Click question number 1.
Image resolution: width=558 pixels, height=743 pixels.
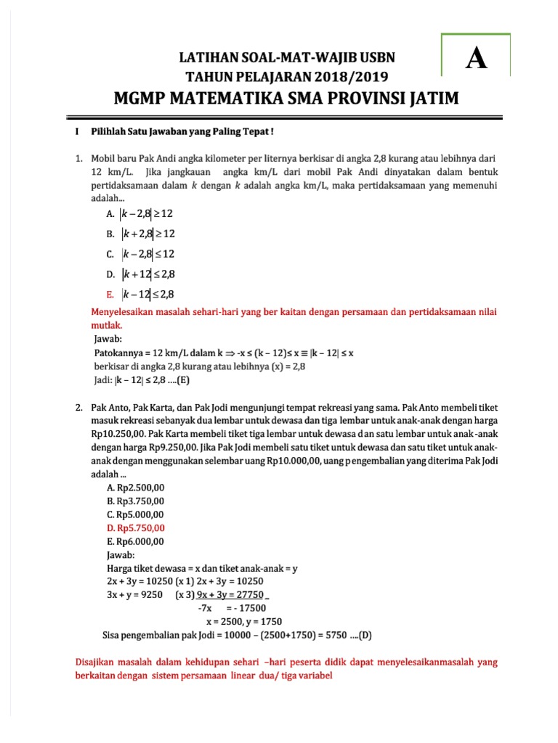click(x=78, y=157)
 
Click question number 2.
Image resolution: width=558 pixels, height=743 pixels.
click(x=78, y=409)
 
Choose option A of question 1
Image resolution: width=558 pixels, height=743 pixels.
click(x=142, y=214)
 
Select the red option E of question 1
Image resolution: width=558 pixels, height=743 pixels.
click(x=142, y=294)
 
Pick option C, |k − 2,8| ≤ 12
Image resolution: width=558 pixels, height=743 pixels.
click(x=142, y=254)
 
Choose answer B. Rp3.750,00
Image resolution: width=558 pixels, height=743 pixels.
click(x=135, y=501)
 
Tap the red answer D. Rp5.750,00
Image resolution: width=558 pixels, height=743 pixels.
click(x=136, y=528)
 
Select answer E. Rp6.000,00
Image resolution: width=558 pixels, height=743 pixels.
click(x=135, y=541)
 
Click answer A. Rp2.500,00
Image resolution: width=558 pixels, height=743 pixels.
click(x=135, y=488)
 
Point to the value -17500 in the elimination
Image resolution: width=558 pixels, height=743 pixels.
click(x=246, y=608)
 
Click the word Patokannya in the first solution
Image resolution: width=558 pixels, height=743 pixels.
click(x=118, y=352)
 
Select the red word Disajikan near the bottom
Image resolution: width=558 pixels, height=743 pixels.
click(x=99, y=662)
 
